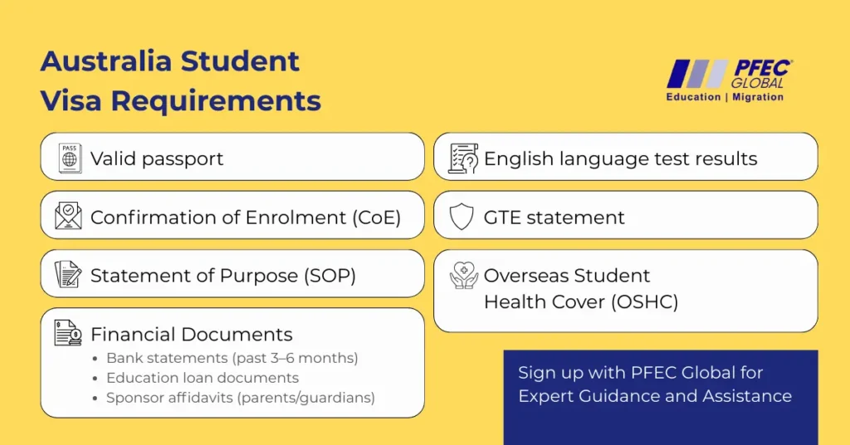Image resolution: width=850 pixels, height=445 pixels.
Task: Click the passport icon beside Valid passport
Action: tap(70, 159)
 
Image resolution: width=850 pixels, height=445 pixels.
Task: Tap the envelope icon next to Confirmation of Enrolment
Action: tap(68, 216)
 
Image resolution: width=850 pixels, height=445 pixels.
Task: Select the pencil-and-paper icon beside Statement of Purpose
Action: tap(68, 274)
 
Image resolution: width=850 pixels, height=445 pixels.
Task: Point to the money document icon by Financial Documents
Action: tap(68, 333)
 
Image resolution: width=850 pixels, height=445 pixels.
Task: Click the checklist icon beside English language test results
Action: tap(463, 159)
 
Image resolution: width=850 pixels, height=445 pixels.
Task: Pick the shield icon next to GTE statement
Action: tap(462, 217)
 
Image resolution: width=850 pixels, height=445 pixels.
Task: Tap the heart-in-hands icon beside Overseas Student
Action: tap(464, 276)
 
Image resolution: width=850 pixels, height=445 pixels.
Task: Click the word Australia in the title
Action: tap(105, 61)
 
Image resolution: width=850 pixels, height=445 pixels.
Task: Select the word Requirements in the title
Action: tap(216, 100)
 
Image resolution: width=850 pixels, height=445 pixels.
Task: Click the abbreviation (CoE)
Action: tap(377, 218)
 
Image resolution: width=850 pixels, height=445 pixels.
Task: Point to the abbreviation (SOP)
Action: tap(330, 276)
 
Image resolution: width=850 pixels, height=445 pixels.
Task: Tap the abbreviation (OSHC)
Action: tap(644, 302)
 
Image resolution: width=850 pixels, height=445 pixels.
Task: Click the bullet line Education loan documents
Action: tap(203, 378)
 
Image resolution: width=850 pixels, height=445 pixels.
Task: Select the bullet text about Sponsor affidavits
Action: tap(240, 398)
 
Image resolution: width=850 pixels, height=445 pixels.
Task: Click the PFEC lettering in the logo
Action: tap(763, 69)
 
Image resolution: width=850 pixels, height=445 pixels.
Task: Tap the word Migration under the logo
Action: tap(758, 97)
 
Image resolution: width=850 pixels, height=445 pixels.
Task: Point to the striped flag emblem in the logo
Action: tap(697, 73)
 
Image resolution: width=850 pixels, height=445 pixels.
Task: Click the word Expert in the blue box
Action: tap(546, 396)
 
